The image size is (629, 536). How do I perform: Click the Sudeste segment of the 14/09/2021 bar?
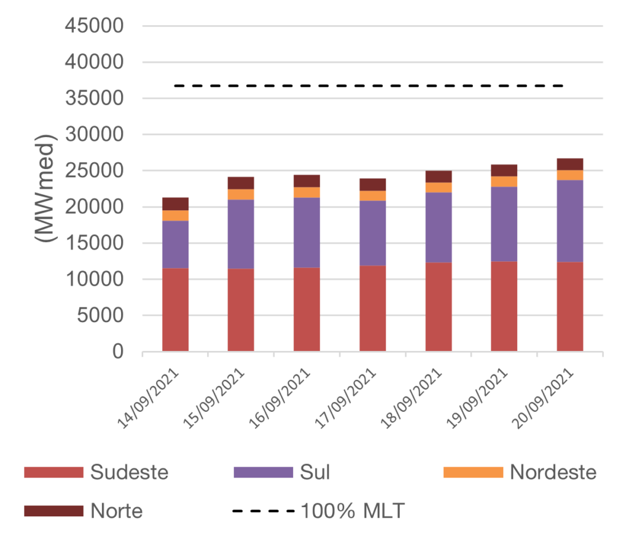click(176, 310)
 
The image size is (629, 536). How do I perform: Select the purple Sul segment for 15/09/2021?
click(241, 234)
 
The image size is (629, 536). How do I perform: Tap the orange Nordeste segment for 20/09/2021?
click(570, 175)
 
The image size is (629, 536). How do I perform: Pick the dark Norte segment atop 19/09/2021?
click(504, 170)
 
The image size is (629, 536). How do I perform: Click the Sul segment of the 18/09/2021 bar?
click(439, 227)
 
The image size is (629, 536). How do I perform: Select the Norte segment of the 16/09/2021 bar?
click(307, 181)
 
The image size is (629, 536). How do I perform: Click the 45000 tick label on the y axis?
click(95, 26)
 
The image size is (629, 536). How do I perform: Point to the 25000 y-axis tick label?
click(95, 171)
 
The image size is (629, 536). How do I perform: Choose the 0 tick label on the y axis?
click(117, 352)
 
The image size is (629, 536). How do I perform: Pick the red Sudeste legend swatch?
click(53, 473)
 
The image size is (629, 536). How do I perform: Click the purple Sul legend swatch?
click(264, 473)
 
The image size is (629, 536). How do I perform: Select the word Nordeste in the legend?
click(553, 473)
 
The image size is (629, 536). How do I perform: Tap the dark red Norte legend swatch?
click(53, 511)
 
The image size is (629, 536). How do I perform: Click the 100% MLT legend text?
click(353, 511)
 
